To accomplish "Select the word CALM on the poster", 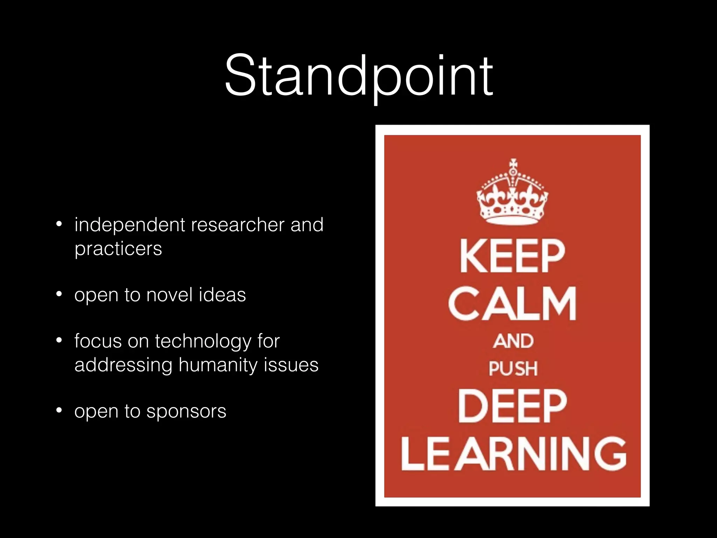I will click(x=512, y=303).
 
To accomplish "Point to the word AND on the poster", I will click(x=513, y=341).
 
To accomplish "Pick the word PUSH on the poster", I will click(x=513, y=369).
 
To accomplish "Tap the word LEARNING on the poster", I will click(x=513, y=454).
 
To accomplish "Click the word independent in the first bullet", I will click(x=130, y=225).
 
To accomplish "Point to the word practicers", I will click(x=118, y=249).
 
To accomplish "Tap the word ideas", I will click(x=222, y=295).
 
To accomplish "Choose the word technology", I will click(x=203, y=342).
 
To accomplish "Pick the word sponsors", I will click(x=186, y=411).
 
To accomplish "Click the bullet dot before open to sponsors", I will click(x=59, y=410).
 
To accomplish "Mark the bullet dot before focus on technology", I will click(x=59, y=340).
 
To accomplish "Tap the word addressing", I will click(x=123, y=365).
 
